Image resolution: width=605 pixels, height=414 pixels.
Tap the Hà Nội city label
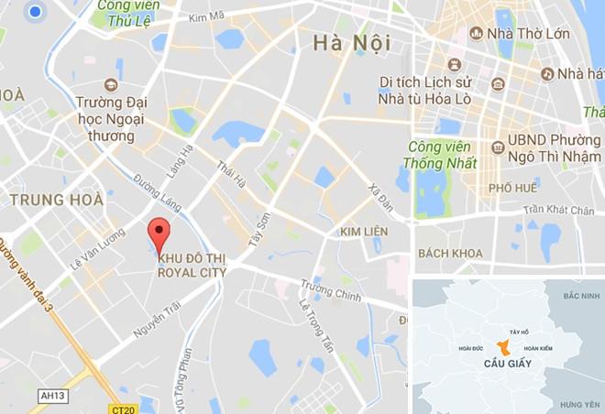[x=352, y=42]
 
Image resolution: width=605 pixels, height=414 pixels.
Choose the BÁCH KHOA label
[x=449, y=252]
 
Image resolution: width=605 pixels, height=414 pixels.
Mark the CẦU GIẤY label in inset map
[x=501, y=365]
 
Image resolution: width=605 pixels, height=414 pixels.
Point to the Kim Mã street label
[x=206, y=17]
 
